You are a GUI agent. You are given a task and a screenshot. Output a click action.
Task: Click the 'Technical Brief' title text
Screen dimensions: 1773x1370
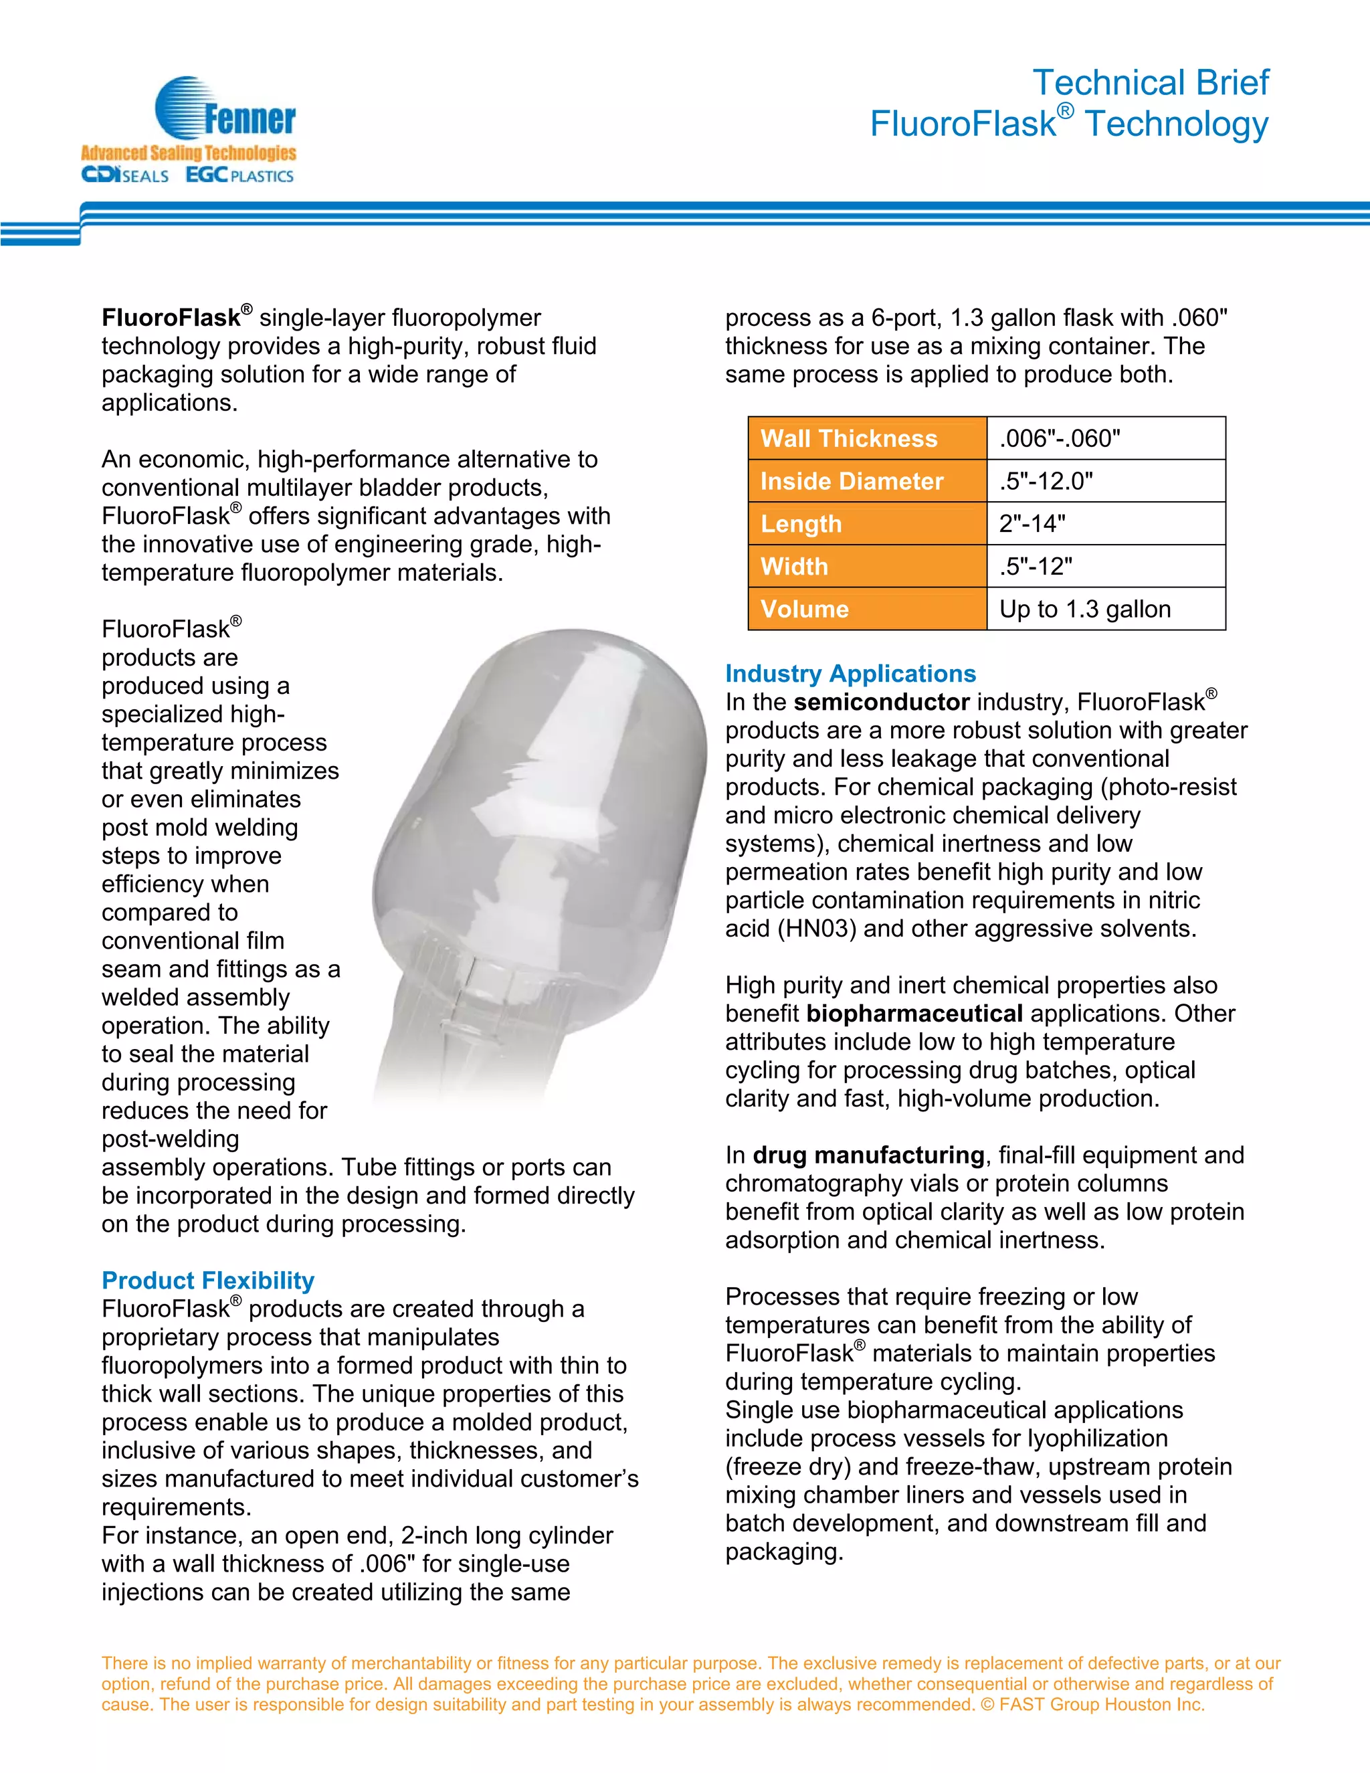pyautogui.click(x=1149, y=83)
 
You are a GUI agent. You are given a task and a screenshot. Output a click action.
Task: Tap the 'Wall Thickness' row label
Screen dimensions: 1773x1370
pyautogui.click(x=848, y=438)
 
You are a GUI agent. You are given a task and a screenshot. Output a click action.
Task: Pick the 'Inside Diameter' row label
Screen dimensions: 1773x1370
pyautogui.click(x=852, y=482)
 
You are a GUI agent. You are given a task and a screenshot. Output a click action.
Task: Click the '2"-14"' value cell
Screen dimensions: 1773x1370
pyautogui.click(x=1032, y=524)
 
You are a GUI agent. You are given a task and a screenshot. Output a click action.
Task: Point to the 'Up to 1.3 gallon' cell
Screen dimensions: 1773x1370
pyautogui.click(x=1084, y=609)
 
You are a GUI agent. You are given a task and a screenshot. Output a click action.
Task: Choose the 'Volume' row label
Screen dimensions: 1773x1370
pyautogui.click(x=804, y=609)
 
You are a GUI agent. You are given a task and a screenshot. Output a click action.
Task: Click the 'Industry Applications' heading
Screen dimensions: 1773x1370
pyautogui.click(x=850, y=674)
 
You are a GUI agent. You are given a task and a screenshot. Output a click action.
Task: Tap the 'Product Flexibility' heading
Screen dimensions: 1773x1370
pyautogui.click(x=208, y=1280)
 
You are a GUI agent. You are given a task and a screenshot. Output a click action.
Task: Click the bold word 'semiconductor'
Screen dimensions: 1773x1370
pyautogui.click(x=882, y=703)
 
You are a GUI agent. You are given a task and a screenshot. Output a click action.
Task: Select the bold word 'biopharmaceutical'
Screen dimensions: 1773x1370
pyautogui.click(x=914, y=1014)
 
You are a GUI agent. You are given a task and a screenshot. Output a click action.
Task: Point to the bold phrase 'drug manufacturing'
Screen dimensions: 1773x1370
pyautogui.click(x=868, y=1155)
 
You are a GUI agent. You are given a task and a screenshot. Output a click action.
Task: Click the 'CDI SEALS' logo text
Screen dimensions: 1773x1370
pyautogui.click(x=125, y=175)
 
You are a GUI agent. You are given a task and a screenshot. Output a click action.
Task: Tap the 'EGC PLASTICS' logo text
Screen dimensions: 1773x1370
pyautogui.click(x=239, y=175)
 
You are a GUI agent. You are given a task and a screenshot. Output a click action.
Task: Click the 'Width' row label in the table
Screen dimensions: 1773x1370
pyautogui.click(x=794, y=567)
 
